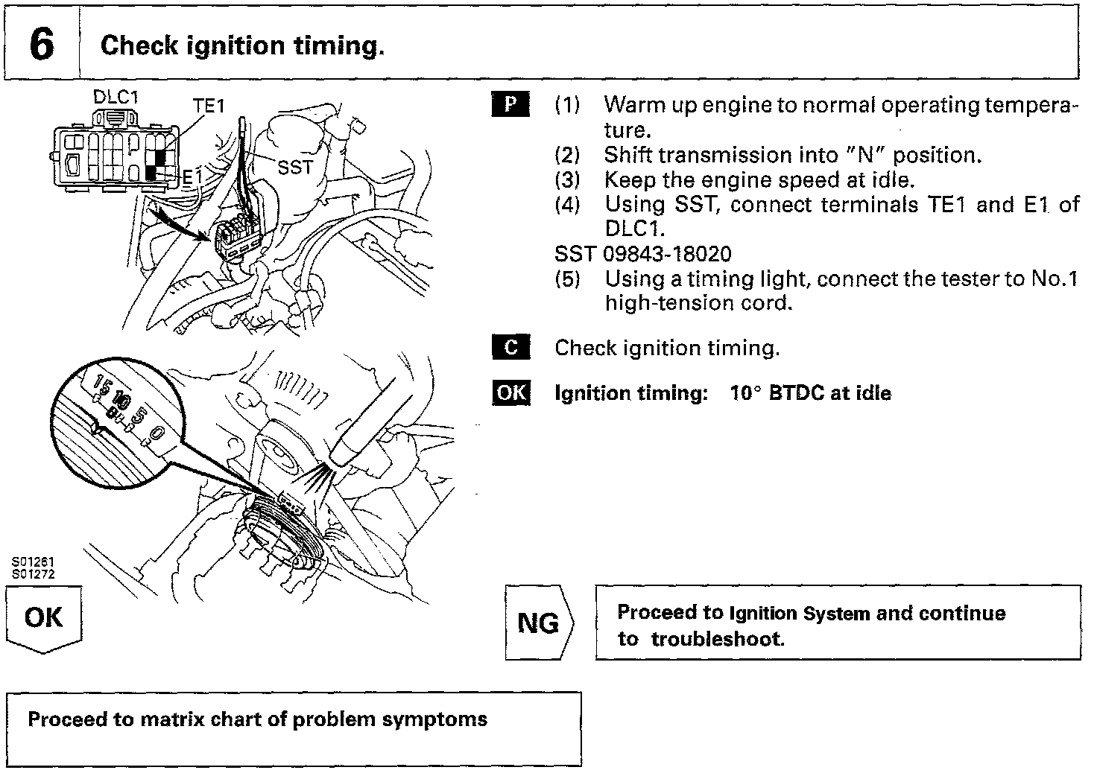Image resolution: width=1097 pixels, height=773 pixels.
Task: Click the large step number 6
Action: click(42, 45)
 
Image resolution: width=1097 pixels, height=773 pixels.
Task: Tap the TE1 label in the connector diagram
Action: click(209, 106)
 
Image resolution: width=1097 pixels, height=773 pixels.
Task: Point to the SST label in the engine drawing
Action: click(294, 168)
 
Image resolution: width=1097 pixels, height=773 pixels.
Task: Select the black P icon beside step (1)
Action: click(510, 104)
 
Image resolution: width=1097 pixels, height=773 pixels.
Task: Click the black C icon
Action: click(510, 348)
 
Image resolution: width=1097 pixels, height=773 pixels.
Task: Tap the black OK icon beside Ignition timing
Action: click(511, 393)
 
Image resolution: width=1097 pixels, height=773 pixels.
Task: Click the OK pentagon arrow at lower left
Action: click(44, 618)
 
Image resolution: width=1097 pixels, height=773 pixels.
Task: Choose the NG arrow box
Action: click(539, 623)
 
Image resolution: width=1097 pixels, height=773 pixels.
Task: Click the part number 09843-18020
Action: click(667, 254)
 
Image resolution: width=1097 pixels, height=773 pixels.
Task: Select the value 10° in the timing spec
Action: click(745, 393)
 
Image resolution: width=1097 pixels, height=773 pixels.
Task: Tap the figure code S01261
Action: click(33, 562)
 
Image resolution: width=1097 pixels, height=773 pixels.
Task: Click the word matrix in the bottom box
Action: click(174, 719)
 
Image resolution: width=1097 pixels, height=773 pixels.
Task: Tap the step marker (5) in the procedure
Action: click(567, 279)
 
